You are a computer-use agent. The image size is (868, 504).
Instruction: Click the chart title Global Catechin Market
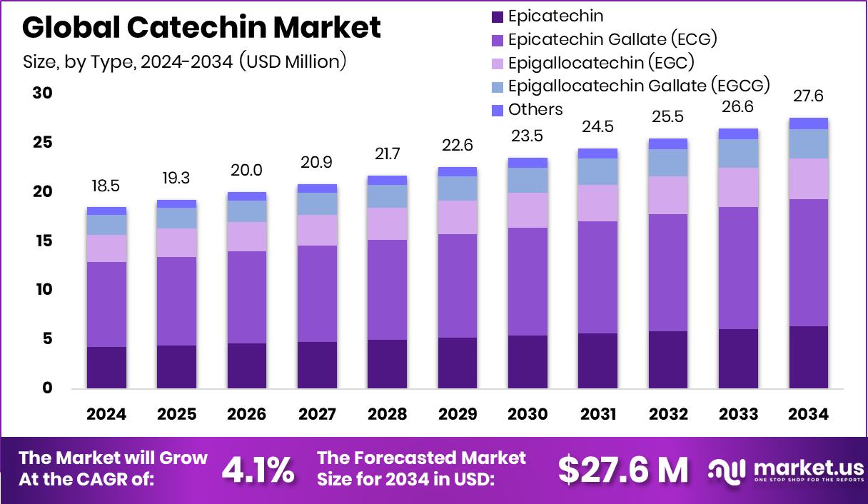[201, 28]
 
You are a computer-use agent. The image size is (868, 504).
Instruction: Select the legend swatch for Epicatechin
[498, 16]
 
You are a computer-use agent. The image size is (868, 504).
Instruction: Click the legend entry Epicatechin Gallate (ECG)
[612, 39]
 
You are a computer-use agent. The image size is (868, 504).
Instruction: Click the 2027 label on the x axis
[317, 415]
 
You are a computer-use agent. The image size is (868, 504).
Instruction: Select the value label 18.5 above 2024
[106, 186]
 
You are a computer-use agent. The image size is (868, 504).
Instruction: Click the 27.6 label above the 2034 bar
[809, 96]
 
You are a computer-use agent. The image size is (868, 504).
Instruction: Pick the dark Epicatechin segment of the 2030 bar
[528, 362]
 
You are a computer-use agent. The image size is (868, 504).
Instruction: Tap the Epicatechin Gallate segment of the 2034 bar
[809, 263]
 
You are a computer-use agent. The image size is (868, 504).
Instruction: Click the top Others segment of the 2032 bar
[667, 143]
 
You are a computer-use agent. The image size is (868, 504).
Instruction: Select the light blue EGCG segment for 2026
[246, 211]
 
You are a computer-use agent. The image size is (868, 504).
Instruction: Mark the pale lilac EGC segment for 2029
[458, 217]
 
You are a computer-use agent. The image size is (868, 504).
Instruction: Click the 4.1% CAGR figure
[258, 469]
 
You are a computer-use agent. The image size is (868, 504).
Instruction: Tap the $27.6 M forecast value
[623, 469]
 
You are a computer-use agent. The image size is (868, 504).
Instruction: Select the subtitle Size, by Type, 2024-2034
[184, 61]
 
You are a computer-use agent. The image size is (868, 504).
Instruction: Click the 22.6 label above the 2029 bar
[458, 146]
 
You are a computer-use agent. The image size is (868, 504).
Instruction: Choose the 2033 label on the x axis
[738, 415]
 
